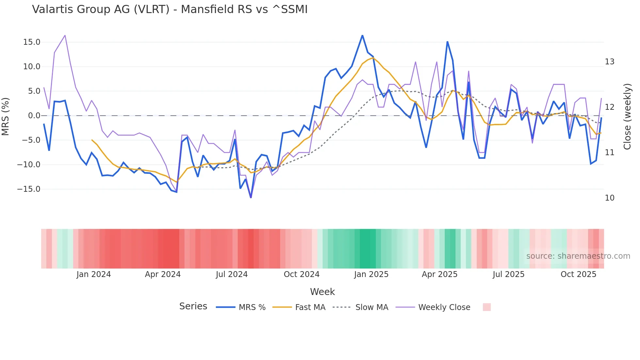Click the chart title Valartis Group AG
170,9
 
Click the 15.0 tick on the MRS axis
32,42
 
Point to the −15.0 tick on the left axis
29,189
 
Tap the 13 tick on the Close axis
610,62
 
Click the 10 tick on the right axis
610,198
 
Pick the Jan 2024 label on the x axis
94,274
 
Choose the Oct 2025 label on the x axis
578,274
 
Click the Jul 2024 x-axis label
232,274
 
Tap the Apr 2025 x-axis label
440,274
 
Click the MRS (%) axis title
6,116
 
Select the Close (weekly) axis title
627,117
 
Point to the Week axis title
322,292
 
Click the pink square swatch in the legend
487,307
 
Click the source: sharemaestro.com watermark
578,256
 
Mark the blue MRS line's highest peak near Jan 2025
362,35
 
